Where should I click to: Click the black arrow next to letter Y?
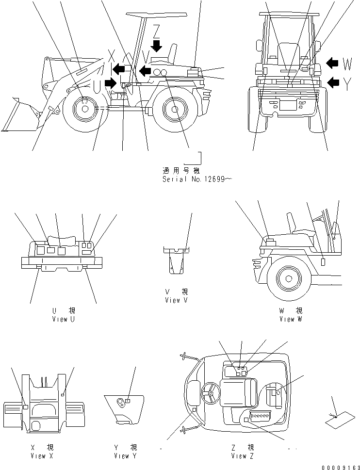pyautogui.click(x=333, y=82)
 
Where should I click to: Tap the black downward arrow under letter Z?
pyautogui.click(x=156, y=46)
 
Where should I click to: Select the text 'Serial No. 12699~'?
pyautogui.click(x=197, y=179)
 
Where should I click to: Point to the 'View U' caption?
pyautogui.click(x=64, y=319)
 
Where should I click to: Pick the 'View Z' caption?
pyautogui.click(x=242, y=456)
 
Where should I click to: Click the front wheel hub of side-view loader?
pyautogui.click(x=85, y=110)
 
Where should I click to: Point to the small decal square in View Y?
pyautogui.click(x=127, y=401)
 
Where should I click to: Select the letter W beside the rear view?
pyautogui.click(x=347, y=63)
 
